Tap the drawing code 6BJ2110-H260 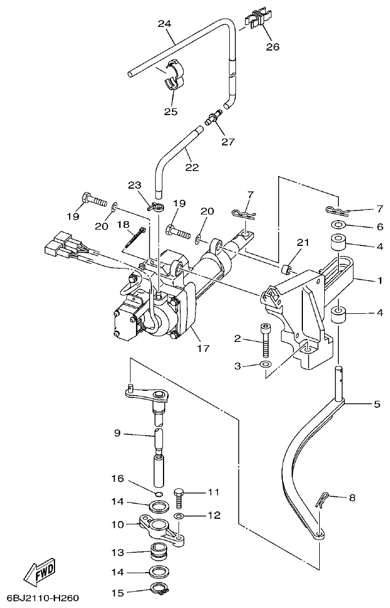43,598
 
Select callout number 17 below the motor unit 203,349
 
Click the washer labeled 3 266,366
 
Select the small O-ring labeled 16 158,494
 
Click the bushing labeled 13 160,552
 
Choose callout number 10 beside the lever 117,524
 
